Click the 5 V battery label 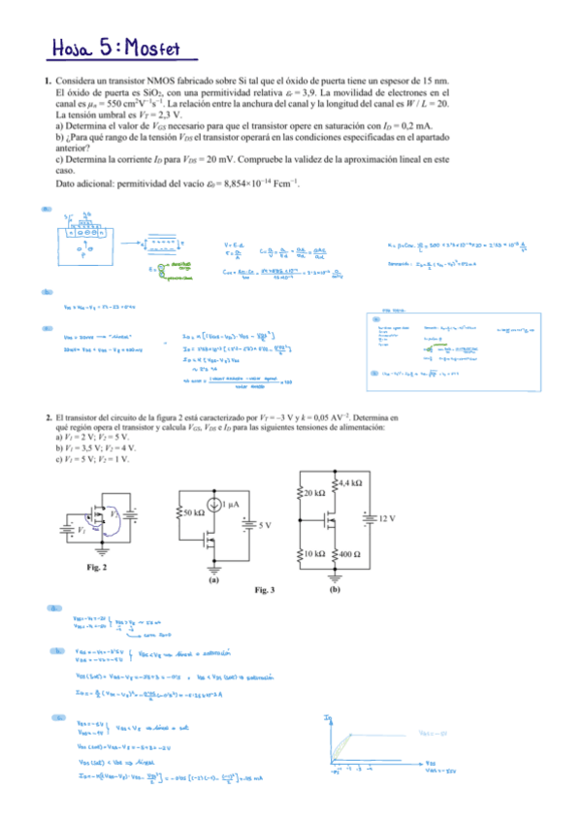(266, 524)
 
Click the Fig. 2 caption (96, 566)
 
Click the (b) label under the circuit (335, 588)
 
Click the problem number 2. (48, 417)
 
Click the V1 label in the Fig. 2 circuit (81, 531)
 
